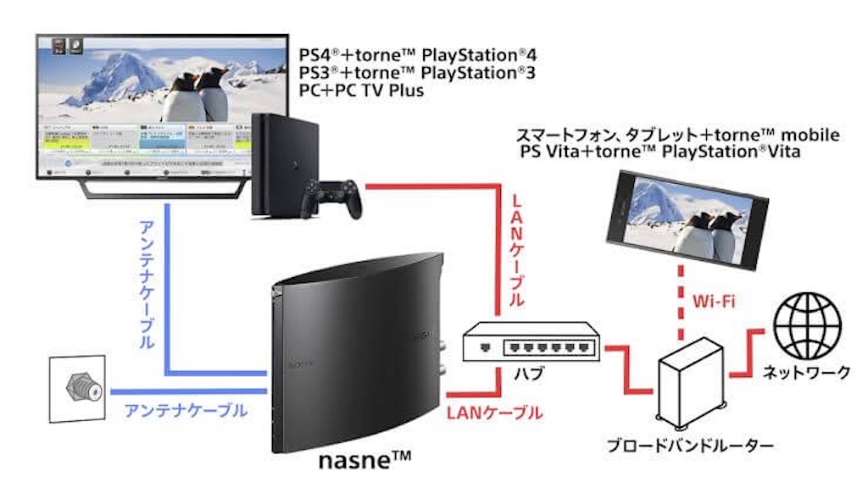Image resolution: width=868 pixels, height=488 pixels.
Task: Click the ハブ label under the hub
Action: (531, 374)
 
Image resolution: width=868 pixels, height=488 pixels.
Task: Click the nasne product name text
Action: (364, 462)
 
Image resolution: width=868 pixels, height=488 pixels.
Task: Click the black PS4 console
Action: (285, 165)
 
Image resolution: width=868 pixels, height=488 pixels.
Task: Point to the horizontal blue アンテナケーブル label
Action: (186, 411)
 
